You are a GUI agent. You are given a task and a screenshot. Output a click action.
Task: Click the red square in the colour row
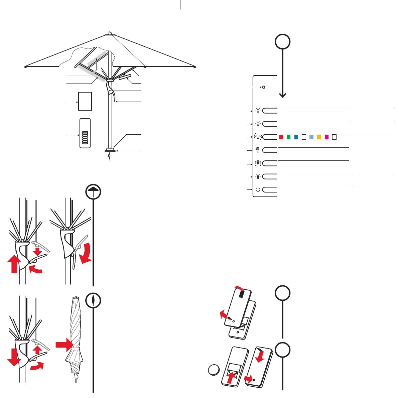281,137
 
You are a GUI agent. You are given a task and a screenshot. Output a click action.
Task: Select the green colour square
288,137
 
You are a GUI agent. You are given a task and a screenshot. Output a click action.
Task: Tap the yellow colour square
319,137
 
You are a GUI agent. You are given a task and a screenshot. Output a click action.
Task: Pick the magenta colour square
326,137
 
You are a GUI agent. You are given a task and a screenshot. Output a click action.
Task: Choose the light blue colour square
311,137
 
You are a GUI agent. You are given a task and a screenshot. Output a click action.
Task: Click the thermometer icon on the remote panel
258,150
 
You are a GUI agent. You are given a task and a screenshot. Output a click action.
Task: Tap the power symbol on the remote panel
258,189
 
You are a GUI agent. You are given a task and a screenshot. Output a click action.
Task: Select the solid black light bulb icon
258,176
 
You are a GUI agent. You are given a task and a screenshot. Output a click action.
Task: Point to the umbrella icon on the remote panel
258,163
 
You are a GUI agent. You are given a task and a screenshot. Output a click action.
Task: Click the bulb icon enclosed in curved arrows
258,137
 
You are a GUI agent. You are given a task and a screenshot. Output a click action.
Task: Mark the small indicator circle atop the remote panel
264,87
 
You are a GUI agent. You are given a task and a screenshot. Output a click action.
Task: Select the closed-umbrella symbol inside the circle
93,300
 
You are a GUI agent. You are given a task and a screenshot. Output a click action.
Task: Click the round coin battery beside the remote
213,370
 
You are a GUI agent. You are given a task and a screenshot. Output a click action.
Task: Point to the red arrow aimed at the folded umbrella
64,344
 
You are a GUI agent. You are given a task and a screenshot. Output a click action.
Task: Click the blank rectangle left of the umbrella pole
85,101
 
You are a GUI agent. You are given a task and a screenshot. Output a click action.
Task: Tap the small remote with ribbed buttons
85,133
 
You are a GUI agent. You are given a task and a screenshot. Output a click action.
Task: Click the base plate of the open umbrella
110,150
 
